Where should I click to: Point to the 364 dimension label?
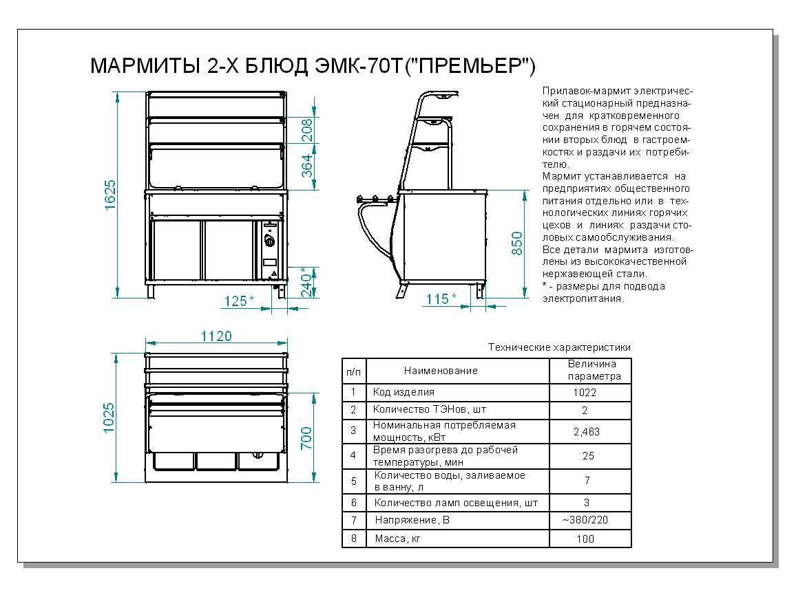pos(308,167)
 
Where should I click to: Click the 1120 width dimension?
pos(216,336)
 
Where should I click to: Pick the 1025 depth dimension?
pos(109,417)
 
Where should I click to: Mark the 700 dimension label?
pos(307,438)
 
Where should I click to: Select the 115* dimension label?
pos(441,298)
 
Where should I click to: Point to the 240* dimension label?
pos(308,280)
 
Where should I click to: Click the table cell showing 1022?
pos(585,393)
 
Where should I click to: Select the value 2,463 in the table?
pos(586,432)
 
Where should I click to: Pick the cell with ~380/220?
pos(585,520)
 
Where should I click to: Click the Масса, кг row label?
pos(397,539)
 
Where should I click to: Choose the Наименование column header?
pos(441,371)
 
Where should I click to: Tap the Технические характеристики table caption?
pos(559,347)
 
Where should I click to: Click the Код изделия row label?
pos(404,392)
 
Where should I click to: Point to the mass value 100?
pos(585,539)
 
